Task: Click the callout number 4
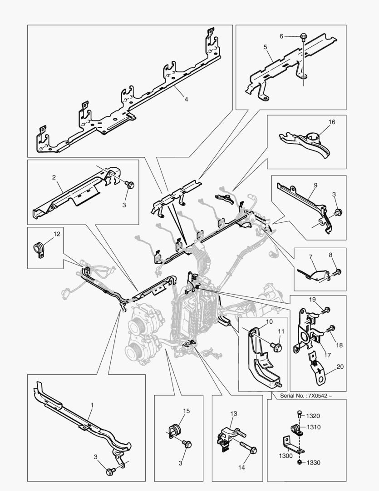pyautogui.click(x=186, y=98)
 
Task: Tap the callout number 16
pyautogui.click(x=332, y=122)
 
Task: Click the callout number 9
pyautogui.click(x=315, y=185)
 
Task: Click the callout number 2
pyautogui.click(x=54, y=177)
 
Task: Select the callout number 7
pyautogui.click(x=311, y=257)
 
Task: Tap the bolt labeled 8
pyautogui.click(x=339, y=272)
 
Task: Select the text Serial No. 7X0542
pyautogui.click(x=305, y=396)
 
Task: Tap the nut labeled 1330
pyautogui.click(x=300, y=462)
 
